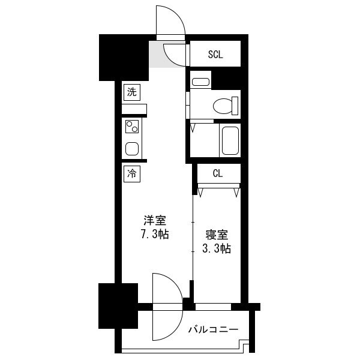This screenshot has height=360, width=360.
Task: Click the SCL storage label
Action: click(x=215, y=55)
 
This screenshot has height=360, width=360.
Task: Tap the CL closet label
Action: click(x=218, y=173)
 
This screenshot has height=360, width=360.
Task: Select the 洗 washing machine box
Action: click(x=132, y=92)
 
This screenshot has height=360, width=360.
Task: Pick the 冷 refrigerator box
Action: click(x=132, y=174)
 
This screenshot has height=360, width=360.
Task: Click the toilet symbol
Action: click(x=226, y=106)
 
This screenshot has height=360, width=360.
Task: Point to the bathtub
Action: click(x=230, y=140)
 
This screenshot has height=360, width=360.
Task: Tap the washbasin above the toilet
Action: click(x=200, y=82)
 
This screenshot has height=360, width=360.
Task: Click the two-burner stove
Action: click(x=132, y=127)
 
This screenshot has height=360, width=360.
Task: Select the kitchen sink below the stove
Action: click(x=132, y=149)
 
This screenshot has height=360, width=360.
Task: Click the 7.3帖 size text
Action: click(x=155, y=234)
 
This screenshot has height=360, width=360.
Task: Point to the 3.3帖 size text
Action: click(x=216, y=248)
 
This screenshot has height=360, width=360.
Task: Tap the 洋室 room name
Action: click(x=155, y=220)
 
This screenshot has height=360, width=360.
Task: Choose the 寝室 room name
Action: click(x=217, y=235)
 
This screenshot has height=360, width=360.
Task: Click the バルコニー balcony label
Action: click(x=213, y=329)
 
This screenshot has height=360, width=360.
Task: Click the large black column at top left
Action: click(x=124, y=58)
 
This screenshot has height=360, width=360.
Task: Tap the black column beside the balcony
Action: click(x=118, y=306)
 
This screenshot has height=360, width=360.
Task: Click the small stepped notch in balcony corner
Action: click(x=244, y=344)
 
